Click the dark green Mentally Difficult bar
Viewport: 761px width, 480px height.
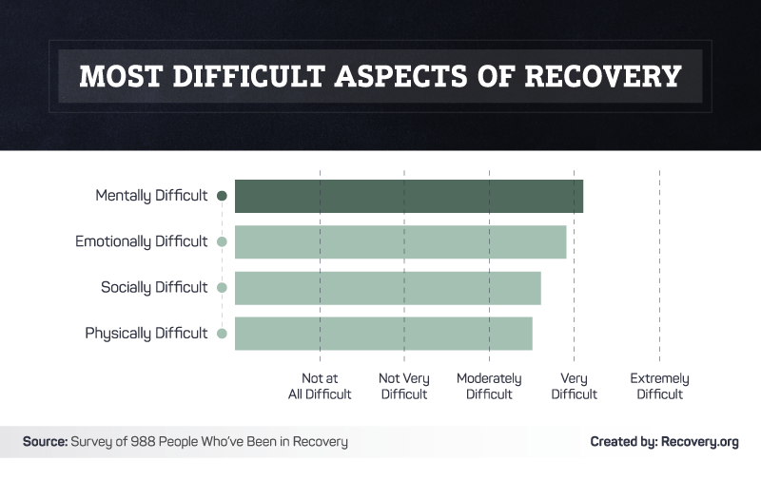[409, 196]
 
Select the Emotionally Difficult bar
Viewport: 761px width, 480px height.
[400, 241]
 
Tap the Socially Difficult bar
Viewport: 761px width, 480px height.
[388, 287]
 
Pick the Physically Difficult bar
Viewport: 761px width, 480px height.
[383, 333]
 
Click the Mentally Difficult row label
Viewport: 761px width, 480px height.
[151, 196]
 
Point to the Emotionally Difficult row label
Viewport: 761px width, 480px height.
[142, 241]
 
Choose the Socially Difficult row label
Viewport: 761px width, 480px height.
[154, 287]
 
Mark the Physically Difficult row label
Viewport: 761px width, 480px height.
[146, 333]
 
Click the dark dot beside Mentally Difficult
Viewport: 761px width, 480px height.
[222, 196]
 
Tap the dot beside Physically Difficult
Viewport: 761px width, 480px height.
[222, 333]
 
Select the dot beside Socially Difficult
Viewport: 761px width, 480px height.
[222, 287]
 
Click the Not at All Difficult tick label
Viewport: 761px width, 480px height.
[320, 386]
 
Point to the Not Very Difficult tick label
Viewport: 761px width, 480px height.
[404, 386]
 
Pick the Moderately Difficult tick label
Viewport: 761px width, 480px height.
[489, 386]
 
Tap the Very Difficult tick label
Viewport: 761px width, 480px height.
[574, 386]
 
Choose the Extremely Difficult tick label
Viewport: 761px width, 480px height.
[659, 386]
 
